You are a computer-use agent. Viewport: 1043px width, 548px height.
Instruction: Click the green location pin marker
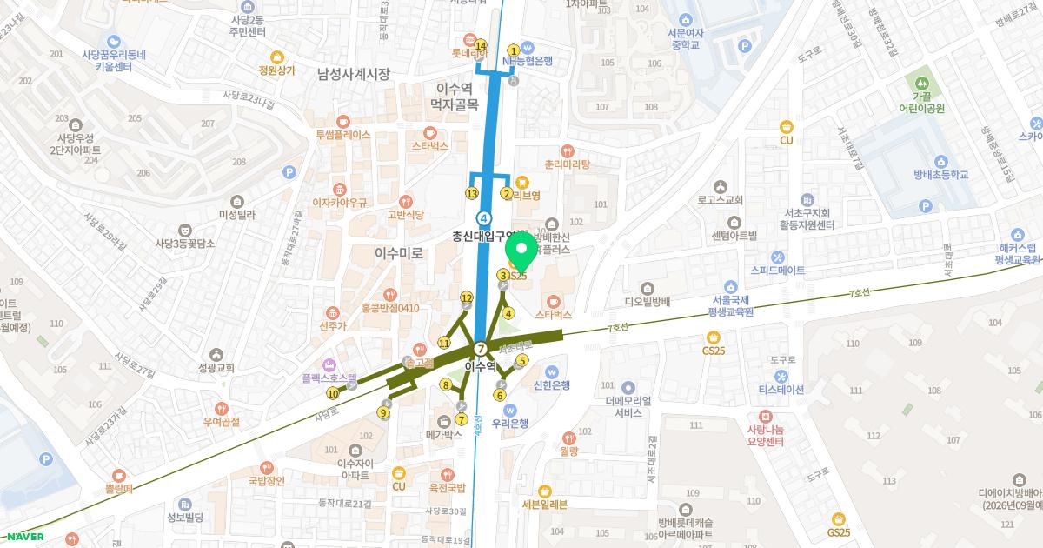click(x=521, y=251)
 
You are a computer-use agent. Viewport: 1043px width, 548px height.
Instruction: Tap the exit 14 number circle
click(x=481, y=45)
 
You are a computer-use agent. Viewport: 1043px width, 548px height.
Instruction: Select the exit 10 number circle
click(x=333, y=393)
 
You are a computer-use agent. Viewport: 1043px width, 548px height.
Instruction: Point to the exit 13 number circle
click(x=472, y=193)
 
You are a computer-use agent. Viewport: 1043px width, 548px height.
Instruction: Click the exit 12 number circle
click(x=467, y=298)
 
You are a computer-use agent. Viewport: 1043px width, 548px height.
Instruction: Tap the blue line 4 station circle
click(x=484, y=217)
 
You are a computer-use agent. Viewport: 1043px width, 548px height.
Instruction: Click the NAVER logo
click(x=25, y=537)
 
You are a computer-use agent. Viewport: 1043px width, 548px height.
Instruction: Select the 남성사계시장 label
click(x=354, y=74)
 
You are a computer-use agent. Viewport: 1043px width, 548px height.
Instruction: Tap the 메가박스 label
click(x=444, y=433)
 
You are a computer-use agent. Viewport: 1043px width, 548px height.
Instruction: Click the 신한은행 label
click(x=551, y=384)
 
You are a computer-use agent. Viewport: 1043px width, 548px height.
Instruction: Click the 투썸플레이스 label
click(x=342, y=135)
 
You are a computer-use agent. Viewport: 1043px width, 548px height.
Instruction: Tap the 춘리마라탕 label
click(x=567, y=164)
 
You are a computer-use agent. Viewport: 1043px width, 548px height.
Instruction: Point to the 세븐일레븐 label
click(x=545, y=503)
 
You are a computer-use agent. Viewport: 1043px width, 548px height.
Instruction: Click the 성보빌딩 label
click(x=184, y=518)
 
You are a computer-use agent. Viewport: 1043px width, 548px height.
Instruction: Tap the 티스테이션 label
click(x=783, y=389)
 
